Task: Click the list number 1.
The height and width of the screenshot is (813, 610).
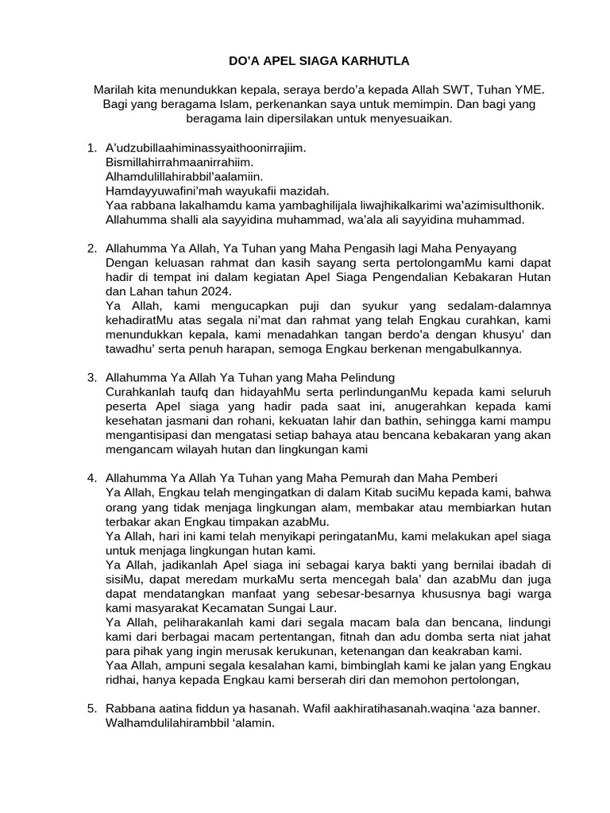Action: pyautogui.click(x=90, y=148)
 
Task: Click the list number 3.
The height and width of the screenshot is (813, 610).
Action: pyautogui.click(x=90, y=378)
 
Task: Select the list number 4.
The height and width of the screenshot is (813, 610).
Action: pyautogui.click(x=90, y=477)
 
